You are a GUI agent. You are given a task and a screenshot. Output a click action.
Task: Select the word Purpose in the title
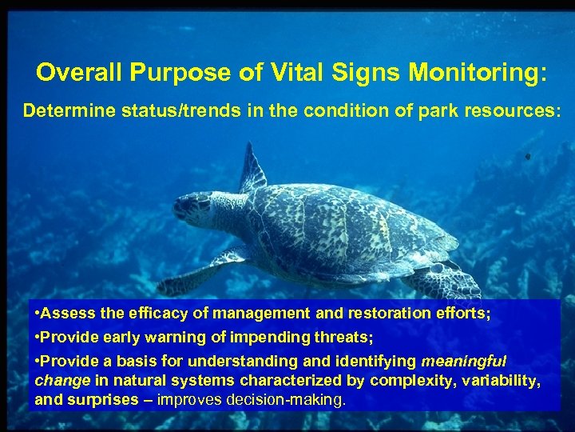[176, 73]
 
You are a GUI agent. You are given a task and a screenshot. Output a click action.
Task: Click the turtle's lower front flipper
[200, 272]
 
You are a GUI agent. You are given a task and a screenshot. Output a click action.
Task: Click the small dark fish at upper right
[527, 157]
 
